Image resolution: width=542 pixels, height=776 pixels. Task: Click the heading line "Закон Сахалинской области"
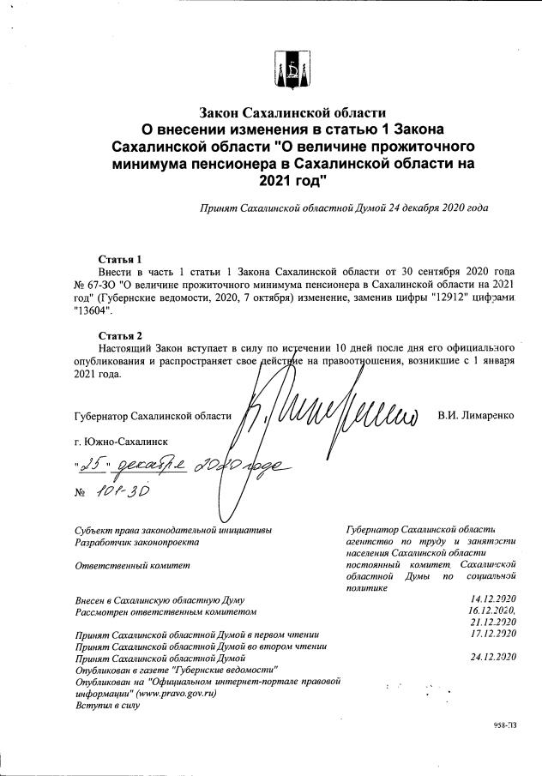(292, 112)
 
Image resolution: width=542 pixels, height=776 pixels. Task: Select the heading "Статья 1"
(120, 259)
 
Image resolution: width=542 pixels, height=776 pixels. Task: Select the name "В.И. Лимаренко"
(475, 416)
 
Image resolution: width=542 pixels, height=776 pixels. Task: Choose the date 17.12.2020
(493, 634)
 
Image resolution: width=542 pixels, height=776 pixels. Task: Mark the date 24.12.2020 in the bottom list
(493, 657)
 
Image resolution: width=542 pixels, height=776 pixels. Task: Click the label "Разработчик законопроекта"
(137, 542)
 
